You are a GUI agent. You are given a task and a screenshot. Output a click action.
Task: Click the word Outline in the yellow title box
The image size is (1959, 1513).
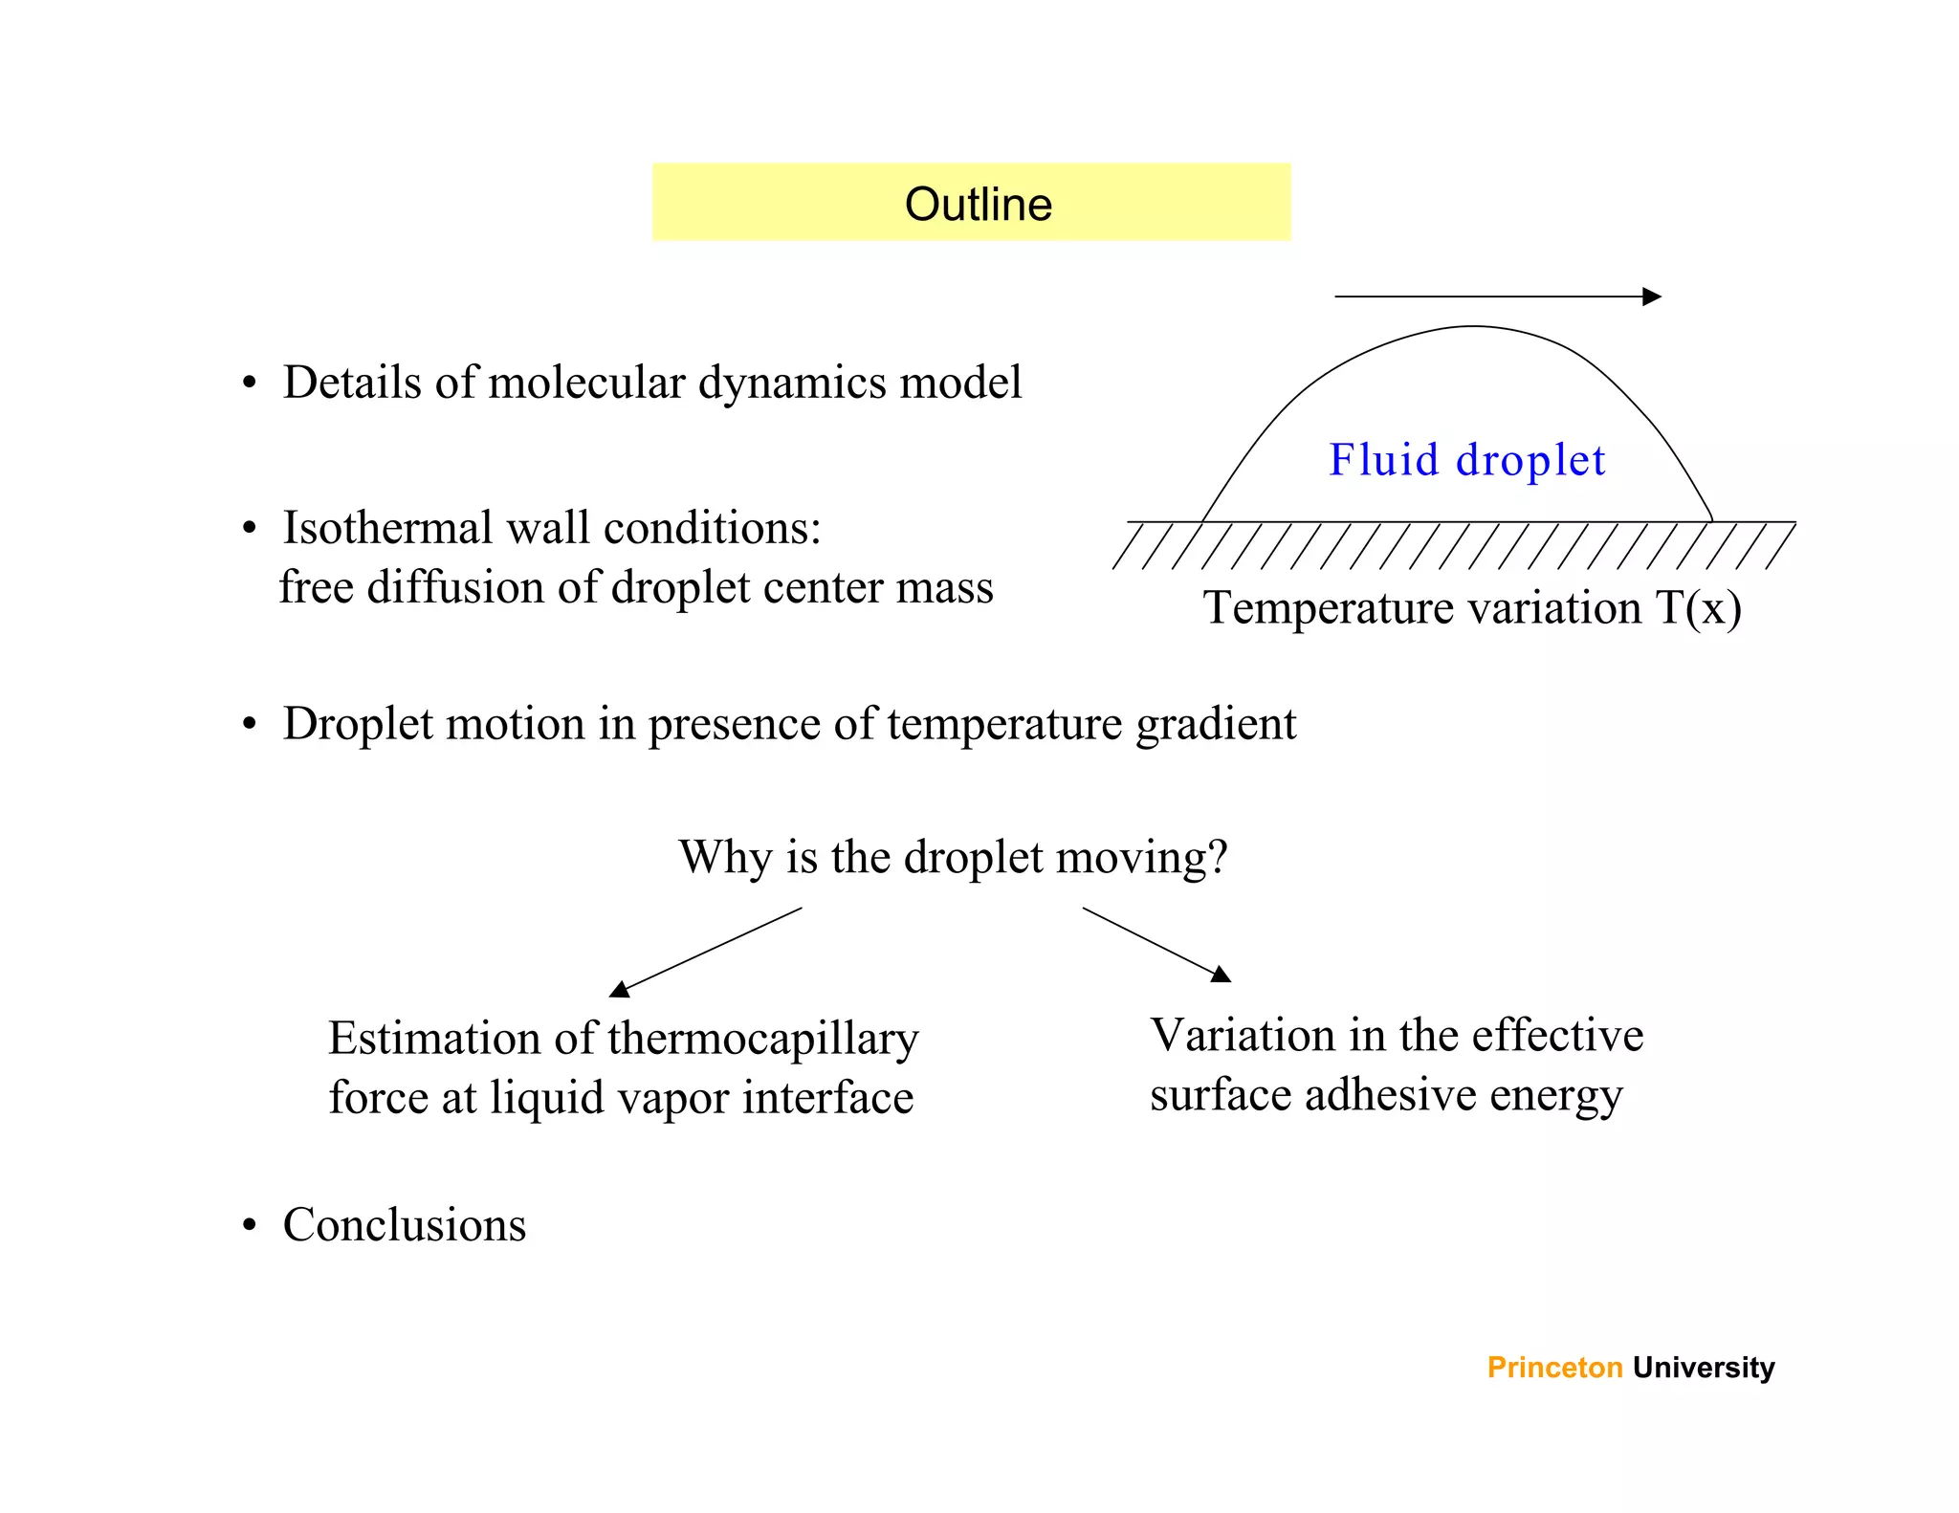[978, 205]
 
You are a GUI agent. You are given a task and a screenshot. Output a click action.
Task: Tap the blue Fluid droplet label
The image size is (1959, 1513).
[1466, 460]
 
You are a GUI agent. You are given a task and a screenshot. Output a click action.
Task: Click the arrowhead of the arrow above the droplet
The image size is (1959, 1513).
[1652, 296]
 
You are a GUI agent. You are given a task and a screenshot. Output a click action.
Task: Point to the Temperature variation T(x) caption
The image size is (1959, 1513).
[1472, 608]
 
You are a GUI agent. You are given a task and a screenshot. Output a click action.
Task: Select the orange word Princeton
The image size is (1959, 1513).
[1554, 1368]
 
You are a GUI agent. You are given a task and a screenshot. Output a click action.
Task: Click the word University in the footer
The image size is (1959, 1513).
[1704, 1368]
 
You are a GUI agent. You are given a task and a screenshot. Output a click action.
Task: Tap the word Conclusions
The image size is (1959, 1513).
[405, 1225]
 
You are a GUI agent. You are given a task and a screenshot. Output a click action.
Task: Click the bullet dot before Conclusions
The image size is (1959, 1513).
[250, 1226]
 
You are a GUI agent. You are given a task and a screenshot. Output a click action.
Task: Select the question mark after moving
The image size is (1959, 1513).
[1218, 857]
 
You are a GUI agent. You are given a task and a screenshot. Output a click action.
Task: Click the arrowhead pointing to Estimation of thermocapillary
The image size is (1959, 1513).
[620, 989]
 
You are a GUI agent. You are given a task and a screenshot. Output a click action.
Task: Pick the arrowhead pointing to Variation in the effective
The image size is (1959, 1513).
[1221, 975]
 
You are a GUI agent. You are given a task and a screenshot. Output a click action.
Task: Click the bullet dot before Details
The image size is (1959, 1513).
[250, 384]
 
